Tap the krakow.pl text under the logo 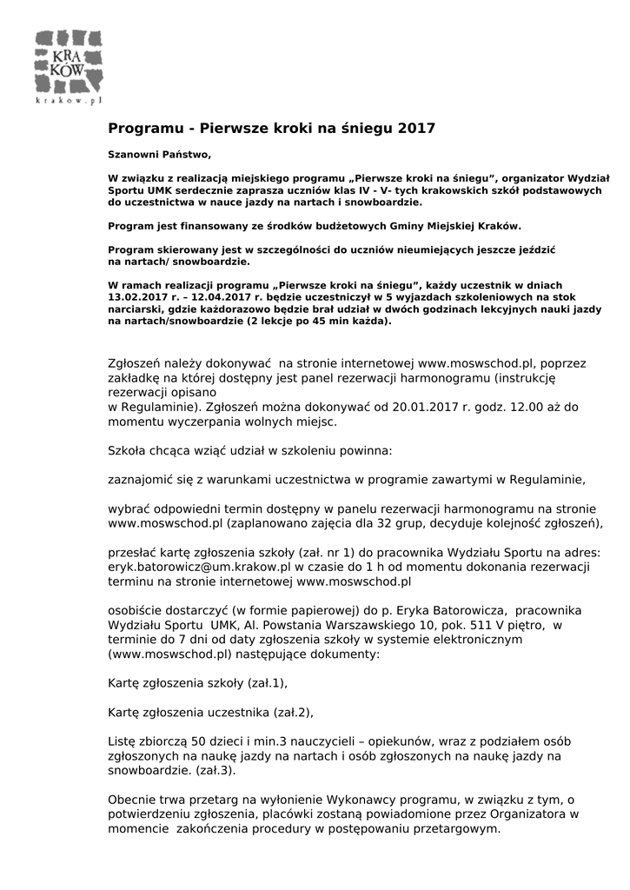[69, 101]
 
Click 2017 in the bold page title [415, 129]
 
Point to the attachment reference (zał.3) [216, 771]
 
